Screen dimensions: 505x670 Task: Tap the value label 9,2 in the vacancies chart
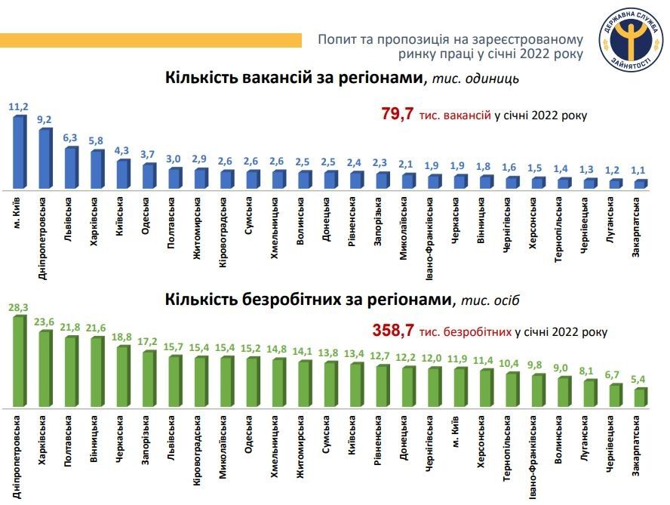click(x=45, y=119)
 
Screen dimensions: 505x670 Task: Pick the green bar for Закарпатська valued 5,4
click(x=640, y=397)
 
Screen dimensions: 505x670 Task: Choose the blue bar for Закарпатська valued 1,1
click(x=640, y=183)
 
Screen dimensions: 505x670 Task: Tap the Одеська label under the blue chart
click(x=146, y=216)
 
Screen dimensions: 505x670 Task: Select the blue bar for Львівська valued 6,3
click(x=70, y=168)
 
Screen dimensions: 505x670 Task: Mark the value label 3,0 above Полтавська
click(x=174, y=159)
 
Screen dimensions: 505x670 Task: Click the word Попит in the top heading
click(x=337, y=38)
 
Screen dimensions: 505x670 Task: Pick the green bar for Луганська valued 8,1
click(x=589, y=393)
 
